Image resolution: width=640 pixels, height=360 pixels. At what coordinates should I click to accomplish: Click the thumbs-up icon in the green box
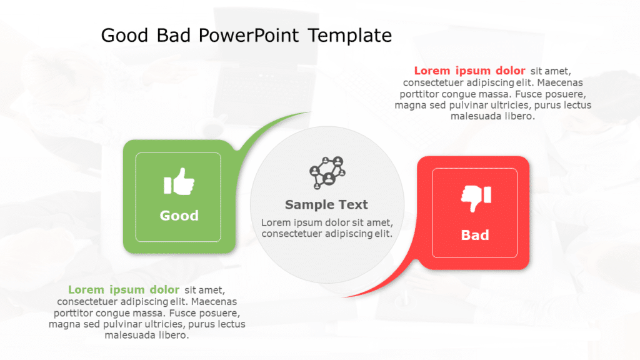179,182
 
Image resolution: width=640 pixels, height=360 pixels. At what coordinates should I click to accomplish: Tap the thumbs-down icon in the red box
476,198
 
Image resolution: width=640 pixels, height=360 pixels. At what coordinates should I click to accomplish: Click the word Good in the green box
179,216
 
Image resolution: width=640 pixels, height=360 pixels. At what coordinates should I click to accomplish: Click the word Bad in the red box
474,235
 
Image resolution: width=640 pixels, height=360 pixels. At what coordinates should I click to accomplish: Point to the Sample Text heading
326,204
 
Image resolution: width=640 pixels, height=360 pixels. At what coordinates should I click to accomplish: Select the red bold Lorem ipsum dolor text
469,71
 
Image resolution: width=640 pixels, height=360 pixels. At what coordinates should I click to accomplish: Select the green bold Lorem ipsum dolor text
124,289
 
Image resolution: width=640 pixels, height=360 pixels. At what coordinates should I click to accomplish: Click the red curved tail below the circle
381,284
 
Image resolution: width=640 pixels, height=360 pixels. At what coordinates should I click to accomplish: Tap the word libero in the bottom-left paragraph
172,335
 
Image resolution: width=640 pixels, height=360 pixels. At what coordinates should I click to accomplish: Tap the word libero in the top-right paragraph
518,116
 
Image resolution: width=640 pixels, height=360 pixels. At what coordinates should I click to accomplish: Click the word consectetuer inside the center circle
292,234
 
